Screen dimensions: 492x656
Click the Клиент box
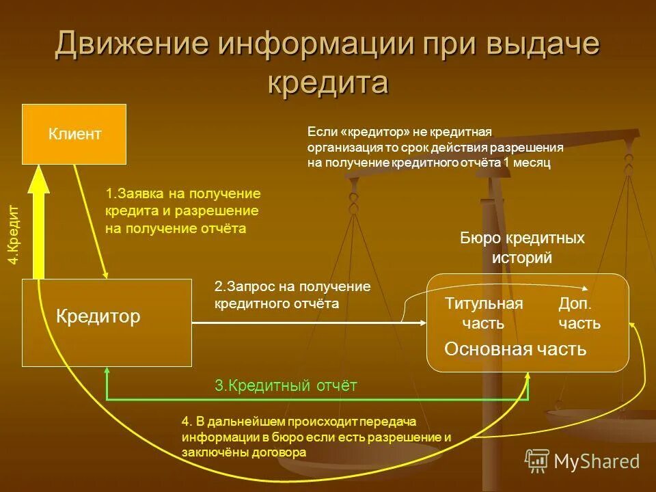pyautogui.click(x=74, y=134)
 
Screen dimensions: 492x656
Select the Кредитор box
pyautogui.click(x=107, y=322)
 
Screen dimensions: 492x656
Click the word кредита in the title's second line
pyautogui.click(x=327, y=83)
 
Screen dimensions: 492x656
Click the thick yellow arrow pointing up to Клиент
pyautogui.click(x=40, y=225)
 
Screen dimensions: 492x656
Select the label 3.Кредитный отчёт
pyautogui.click(x=286, y=386)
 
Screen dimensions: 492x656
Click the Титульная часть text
pyautogui.click(x=484, y=313)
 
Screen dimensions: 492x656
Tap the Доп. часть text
pyautogui.click(x=579, y=313)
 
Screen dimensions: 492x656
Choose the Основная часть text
pyautogui.click(x=515, y=349)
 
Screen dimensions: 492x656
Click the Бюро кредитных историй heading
pyautogui.click(x=522, y=248)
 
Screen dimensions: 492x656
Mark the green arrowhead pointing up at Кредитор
pyautogui.click(x=107, y=373)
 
